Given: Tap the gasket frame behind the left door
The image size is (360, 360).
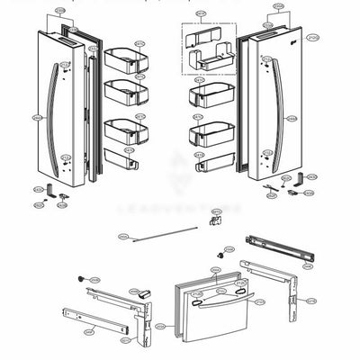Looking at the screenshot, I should (90, 99).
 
